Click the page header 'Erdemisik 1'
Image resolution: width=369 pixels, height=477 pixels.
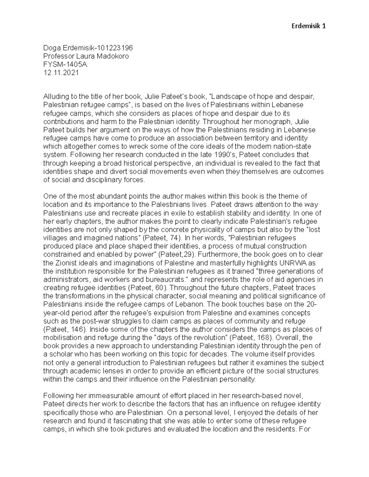coord(308,26)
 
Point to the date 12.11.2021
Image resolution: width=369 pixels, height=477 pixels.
coord(61,73)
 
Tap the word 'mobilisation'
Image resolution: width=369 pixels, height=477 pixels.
coord(61,338)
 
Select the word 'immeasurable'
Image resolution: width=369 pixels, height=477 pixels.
coord(111,396)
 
